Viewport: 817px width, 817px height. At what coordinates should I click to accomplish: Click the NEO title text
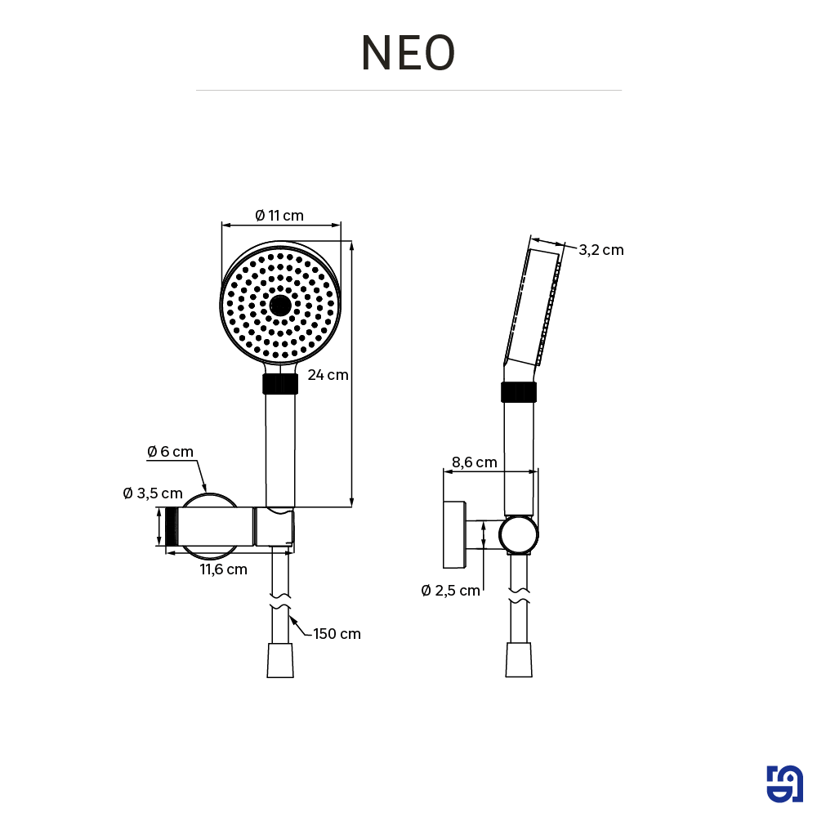click(408, 54)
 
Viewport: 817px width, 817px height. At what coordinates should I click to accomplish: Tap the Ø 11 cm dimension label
click(279, 216)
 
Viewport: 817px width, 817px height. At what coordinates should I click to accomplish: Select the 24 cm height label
click(328, 375)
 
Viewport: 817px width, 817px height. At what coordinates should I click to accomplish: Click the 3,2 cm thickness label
click(600, 250)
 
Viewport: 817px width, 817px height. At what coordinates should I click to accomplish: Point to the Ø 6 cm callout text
click(170, 452)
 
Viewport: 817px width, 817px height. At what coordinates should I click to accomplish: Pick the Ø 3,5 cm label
click(152, 493)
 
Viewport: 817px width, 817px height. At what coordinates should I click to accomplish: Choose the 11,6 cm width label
click(224, 569)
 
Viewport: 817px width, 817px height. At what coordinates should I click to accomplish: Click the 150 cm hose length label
click(337, 633)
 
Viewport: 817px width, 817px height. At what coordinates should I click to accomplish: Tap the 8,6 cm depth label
click(475, 462)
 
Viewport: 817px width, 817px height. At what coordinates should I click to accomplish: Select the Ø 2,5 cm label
click(451, 591)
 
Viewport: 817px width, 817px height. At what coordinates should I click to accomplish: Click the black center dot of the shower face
click(280, 306)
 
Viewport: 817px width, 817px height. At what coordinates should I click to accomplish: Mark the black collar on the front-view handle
click(280, 384)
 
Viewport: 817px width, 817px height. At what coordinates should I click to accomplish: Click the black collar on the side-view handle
click(519, 392)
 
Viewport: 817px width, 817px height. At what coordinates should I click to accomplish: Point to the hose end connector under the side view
click(519, 660)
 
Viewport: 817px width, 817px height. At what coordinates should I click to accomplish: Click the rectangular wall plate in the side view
click(453, 534)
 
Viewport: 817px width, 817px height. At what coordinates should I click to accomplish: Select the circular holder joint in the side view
click(519, 535)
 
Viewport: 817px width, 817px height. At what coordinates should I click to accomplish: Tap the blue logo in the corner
click(784, 784)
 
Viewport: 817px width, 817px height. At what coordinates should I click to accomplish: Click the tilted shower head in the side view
click(535, 306)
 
